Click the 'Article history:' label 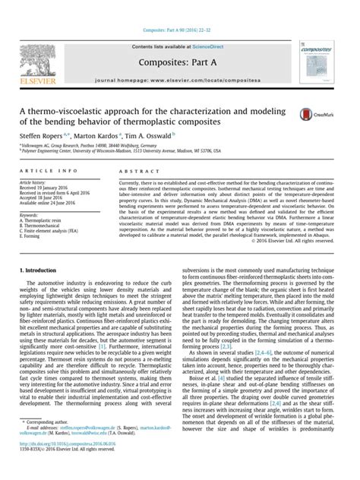coord(34,182)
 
